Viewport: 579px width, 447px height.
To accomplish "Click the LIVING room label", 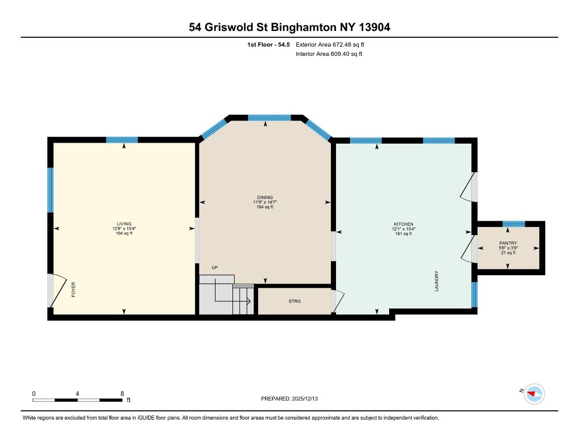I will click(123, 223).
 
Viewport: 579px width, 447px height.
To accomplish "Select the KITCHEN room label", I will click(403, 224).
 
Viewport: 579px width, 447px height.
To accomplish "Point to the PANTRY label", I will click(508, 243).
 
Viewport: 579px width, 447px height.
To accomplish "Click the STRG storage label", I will click(294, 301).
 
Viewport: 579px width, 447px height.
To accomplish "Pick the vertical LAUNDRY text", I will click(436, 281).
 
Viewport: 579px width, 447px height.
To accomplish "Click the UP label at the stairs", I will click(214, 268).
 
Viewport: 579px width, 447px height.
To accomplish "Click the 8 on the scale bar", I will click(122, 393).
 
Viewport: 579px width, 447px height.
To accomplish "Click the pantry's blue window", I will click(513, 223).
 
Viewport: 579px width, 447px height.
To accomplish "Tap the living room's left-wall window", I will click(51, 190).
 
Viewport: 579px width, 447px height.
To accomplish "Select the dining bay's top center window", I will click(269, 118).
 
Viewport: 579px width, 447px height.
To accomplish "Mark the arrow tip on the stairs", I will click(249, 301).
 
